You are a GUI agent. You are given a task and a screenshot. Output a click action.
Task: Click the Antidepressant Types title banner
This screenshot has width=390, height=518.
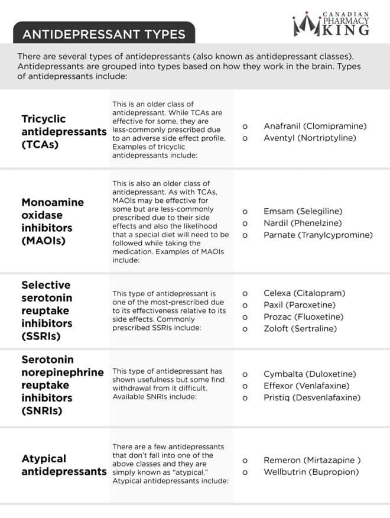pos(103,34)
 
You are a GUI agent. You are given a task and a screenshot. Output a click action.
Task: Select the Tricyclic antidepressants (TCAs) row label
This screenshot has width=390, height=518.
pos(64,131)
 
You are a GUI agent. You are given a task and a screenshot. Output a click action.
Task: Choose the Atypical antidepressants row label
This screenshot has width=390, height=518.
pos(64,465)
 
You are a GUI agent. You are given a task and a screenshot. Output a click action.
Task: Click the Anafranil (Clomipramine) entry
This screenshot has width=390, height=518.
pos(315,126)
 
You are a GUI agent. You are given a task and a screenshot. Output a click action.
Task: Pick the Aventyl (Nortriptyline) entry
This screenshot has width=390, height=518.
pos(310,138)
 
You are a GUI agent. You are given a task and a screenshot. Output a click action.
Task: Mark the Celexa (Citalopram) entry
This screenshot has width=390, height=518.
pos(304,293)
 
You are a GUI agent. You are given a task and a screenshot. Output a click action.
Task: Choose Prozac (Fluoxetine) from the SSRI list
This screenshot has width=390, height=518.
pos(303,316)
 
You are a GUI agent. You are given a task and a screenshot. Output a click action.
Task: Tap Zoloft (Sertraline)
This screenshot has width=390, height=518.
pos(300,328)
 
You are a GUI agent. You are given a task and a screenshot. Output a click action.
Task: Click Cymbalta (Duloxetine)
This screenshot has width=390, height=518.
pos(310,374)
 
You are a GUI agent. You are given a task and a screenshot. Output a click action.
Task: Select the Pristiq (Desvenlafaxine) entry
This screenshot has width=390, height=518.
pos(311,397)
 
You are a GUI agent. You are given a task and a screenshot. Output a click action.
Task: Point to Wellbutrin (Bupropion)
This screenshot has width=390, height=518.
pos(311,472)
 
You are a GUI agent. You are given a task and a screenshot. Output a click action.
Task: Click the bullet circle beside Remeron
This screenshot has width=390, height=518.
pos(245,460)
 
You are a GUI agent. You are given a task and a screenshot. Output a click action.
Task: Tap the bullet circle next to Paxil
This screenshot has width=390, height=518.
pos(245,305)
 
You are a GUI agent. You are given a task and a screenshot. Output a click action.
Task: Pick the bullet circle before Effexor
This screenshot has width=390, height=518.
pos(245,386)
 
